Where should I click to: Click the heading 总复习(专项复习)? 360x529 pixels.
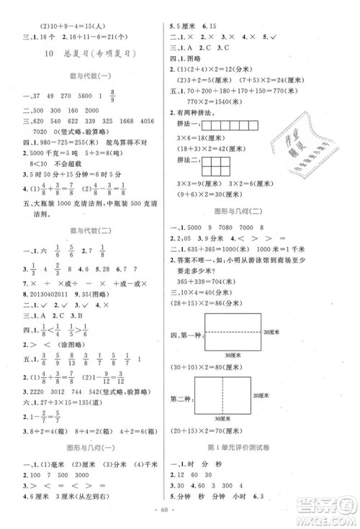tap(89, 53)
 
